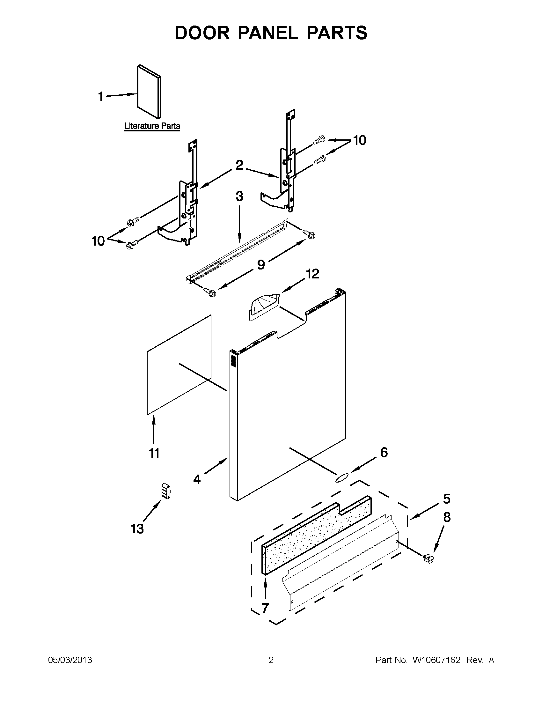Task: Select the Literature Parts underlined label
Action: coord(152,126)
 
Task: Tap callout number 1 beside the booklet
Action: coord(101,96)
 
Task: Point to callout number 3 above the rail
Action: coord(239,196)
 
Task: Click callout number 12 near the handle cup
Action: coord(312,274)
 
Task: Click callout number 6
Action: coord(384,453)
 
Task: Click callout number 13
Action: coord(137,529)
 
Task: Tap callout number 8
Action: coord(447,518)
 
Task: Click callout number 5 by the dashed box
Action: coord(447,499)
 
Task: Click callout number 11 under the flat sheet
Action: coord(154,453)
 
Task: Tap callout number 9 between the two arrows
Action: coord(261,265)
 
